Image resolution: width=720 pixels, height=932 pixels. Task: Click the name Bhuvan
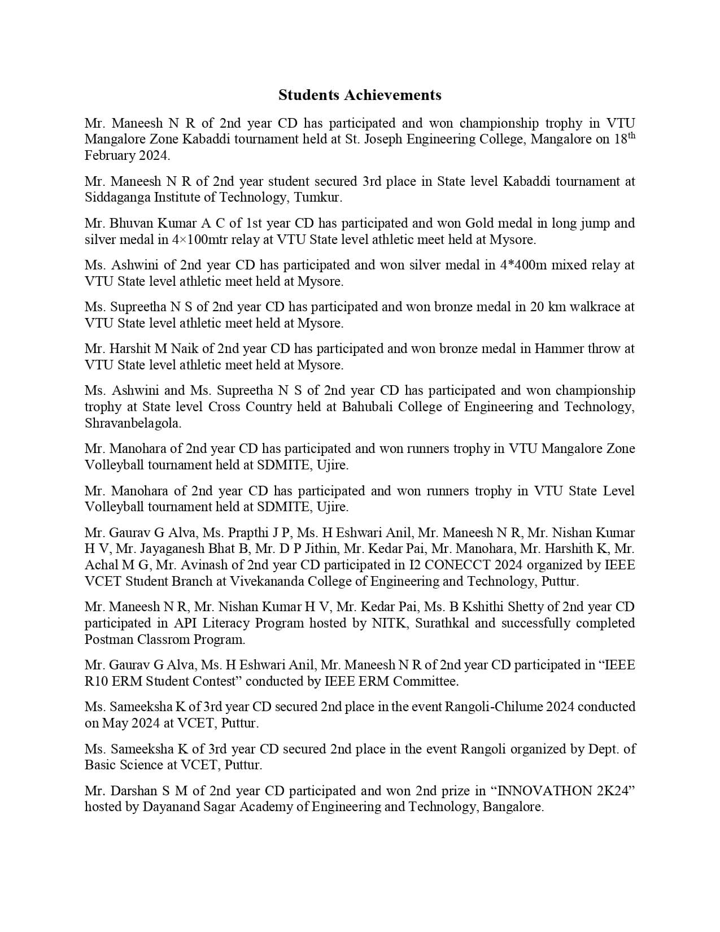(129, 223)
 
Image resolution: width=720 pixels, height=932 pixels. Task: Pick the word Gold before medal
(479, 223)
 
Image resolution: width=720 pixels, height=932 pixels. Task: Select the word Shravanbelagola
(133, 423)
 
